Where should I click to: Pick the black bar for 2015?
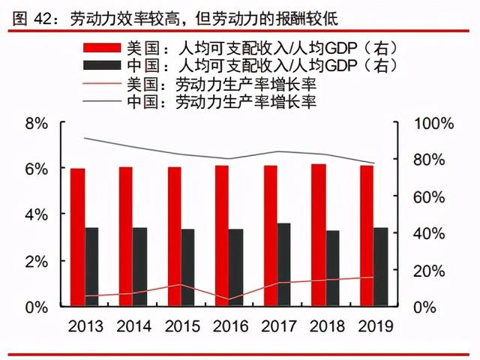coord(188,267)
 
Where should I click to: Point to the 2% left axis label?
coord(37,261)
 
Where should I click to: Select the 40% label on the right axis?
coord(431,233)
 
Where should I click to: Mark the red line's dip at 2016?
coord(229,299)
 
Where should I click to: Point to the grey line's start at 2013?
coord(84,138)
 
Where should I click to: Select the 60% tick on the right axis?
coord(431,196)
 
